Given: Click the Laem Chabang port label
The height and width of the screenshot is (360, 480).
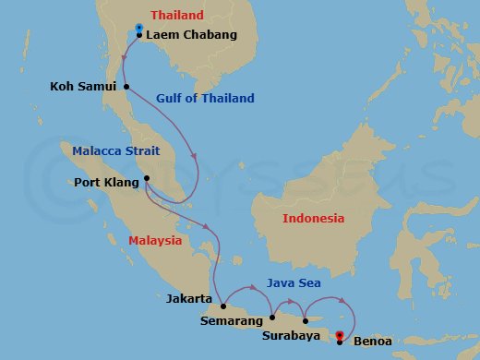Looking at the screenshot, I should pyautogui.click(x=192, y=35).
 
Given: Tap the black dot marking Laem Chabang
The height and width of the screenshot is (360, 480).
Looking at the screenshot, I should pyautogui.click(x=139, y=35).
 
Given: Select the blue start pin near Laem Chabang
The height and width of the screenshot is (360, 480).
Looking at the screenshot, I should pyautogui.click(x=138, y=28).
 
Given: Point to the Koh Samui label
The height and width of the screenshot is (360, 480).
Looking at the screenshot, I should pyautogui.click(x=83, y=87).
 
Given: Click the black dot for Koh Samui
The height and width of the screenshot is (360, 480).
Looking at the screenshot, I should pyautogui.click(x=126, y=87).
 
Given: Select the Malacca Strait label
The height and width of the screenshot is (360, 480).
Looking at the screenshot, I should pyautogui.click(x=117, y=150).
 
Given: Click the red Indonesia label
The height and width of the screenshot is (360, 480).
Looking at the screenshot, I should pyautogui.click(x=313, y=219).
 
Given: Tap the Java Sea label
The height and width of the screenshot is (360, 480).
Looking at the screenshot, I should pyautogui.click(x=293, y=283).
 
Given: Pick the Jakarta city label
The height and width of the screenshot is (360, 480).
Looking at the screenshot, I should pyautogui.click(x=189, y=300).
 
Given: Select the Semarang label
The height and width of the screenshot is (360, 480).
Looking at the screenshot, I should pyautogui.click(x=231, y=321).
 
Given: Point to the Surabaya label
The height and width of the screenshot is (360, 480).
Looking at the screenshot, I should pyautogui.click(x=292, y=337).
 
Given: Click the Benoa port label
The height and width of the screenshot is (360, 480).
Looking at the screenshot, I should pyautogui.click(x=372, y=342).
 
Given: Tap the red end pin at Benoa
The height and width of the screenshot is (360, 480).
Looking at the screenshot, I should pyautogui.click(x=340, y=335).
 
